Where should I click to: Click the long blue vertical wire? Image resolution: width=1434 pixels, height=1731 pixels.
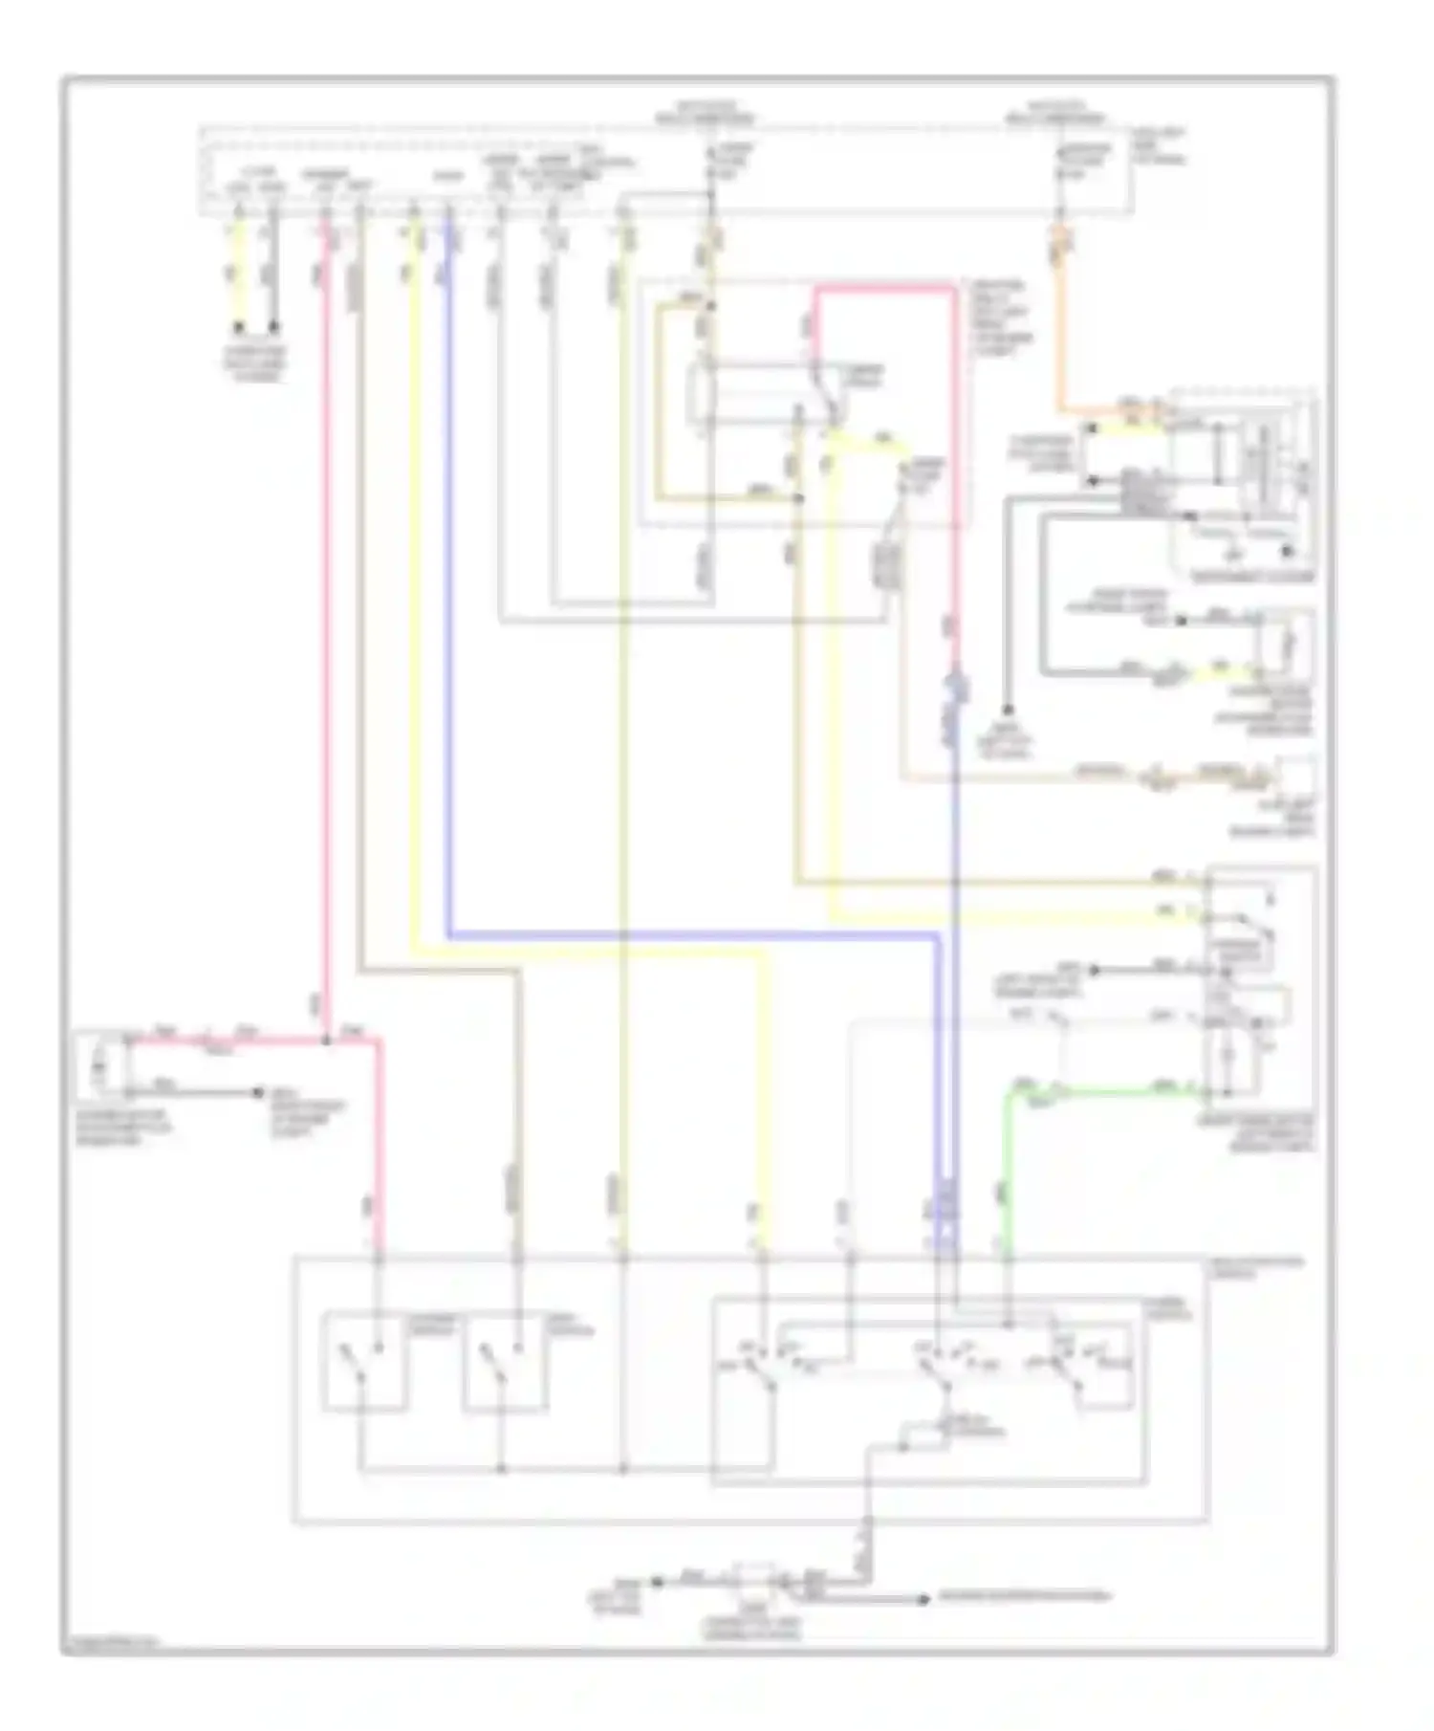tap(448, 574)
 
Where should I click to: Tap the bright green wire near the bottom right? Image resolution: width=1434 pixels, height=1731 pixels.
tap(1099, 1090)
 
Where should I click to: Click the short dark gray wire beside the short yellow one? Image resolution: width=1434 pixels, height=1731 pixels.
tap(274, 277)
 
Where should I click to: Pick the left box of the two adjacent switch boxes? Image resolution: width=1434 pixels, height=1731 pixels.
tap(364, 1361)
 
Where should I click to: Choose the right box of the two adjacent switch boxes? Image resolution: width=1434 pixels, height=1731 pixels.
tap(506, 1361)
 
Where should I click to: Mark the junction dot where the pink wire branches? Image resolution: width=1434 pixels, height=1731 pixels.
tap(326, 1040)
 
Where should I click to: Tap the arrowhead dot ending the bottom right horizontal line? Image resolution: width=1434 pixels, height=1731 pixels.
tap(923, 1598)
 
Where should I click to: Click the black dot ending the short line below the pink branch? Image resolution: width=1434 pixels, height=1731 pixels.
tap(258, 1091)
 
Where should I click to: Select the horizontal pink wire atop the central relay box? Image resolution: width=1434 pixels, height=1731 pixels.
tap(884, 286)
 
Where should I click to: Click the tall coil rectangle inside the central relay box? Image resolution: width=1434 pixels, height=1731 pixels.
tap(703, 392)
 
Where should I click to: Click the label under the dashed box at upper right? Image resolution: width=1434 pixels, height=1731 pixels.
tap(1252, 577)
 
